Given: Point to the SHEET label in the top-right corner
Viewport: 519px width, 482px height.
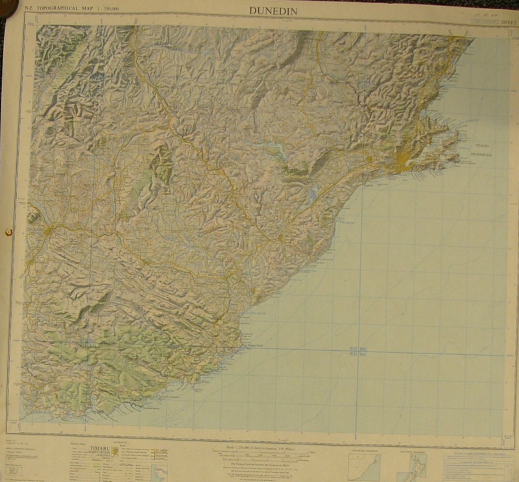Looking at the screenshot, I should click(507, 21).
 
